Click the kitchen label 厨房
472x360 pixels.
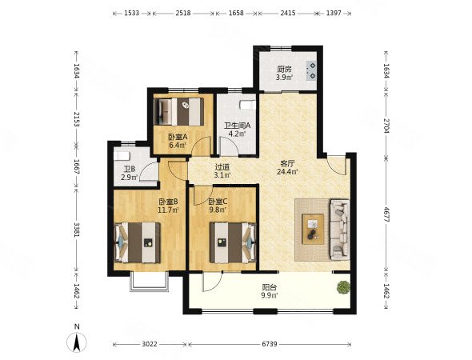coord(284,70)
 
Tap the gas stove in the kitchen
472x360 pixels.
coord(311,71)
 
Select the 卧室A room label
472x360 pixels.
coord(178,137)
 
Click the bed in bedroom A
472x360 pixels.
coord(179,112)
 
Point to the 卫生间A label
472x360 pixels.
coord(238,126)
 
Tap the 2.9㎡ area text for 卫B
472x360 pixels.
coord(130,178)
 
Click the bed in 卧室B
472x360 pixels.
coord(138,242)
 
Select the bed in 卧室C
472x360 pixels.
coord(233,242)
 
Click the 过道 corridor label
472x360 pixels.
coord(222,166)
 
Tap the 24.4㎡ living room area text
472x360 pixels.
coord(287,172)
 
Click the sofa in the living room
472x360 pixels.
coord(340,230)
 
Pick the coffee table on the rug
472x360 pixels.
coord(313,229)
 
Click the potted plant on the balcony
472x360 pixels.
coord(343,287)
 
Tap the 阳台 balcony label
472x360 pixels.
coord(270,287)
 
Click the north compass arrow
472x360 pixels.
coord(77,343)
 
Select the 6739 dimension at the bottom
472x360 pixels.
coord(270,344)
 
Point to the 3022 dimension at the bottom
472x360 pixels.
coord(150,344)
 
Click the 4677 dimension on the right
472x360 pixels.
coord(386,214)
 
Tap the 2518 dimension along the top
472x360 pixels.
coord(183,14)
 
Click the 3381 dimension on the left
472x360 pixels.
coord(77,230)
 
